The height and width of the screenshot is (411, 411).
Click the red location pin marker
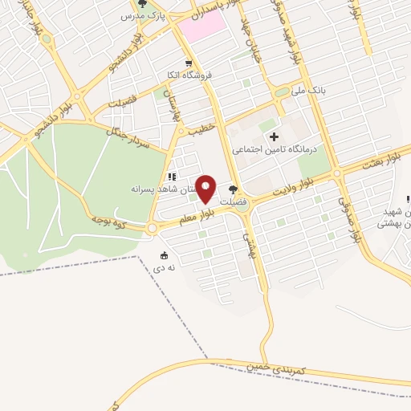click(205, 188)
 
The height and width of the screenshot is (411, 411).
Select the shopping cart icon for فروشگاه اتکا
click(188, 63)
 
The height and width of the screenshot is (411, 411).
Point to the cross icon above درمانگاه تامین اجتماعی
click(274, 136)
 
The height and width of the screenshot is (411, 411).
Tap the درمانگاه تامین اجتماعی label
click(275, 149)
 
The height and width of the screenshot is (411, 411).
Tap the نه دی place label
click(165, 268)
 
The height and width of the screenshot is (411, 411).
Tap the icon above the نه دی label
click(165, 255)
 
